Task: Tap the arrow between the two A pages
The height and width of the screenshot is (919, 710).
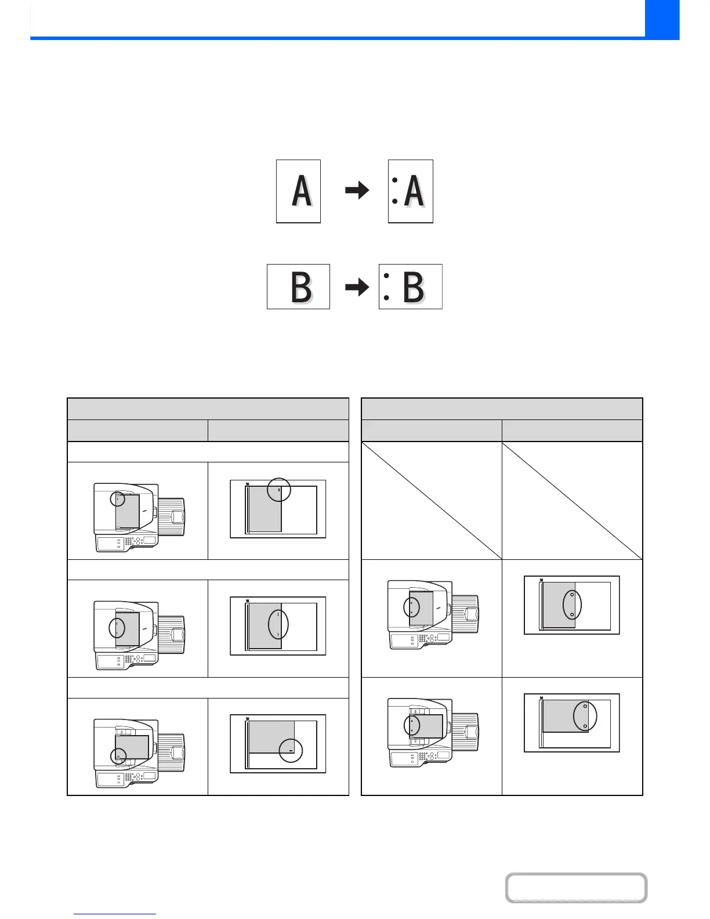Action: pos(357,190)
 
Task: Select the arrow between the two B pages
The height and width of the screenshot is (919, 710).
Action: pos(357,287)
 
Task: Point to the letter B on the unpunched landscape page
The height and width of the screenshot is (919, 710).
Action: pos(301,287)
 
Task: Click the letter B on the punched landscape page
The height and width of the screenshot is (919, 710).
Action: pos(414,287)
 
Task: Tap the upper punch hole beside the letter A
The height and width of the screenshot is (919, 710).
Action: pos(395,180)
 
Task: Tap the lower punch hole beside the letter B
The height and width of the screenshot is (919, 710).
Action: pos(386,298)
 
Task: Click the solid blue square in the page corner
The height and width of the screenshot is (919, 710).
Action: pos(662,19)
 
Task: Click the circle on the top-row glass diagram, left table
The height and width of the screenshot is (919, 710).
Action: pos(278,490)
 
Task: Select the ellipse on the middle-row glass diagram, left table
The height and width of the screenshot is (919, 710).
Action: pos(278,624)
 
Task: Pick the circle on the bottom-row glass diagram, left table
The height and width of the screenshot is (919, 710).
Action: pos(291,750)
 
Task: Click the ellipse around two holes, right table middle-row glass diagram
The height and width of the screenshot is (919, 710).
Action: pos(572,605)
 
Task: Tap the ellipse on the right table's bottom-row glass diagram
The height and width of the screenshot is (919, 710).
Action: pos(585,717)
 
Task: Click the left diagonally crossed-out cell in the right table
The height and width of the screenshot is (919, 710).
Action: pos(431,500)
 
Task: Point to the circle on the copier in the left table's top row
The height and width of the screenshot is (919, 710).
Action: pos(117,498)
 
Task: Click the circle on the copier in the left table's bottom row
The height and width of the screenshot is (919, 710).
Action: pos(118,756)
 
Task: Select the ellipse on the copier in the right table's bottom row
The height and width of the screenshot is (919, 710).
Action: pos(411,725)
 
